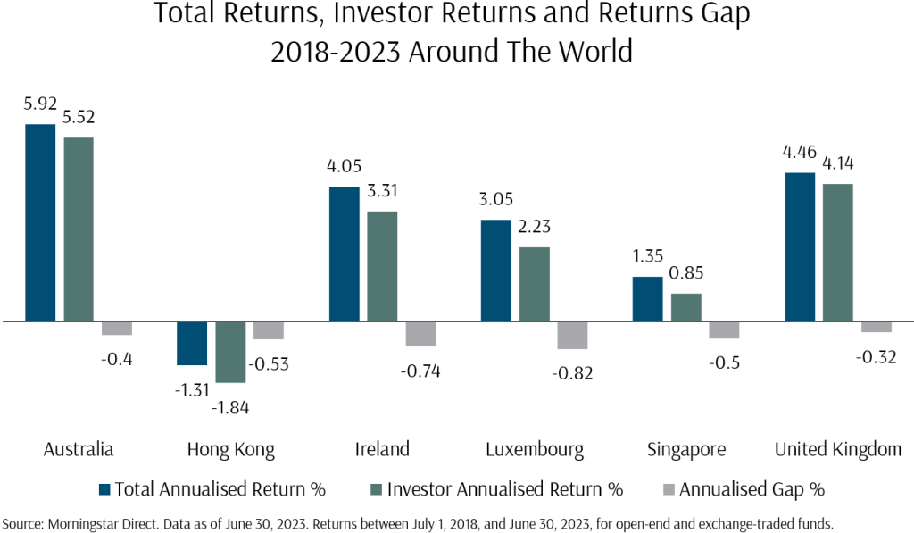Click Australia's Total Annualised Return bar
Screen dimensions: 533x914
pos(40,222)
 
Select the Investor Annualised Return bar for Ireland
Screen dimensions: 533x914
pos(382,266)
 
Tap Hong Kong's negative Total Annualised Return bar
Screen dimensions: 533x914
pos(192,343)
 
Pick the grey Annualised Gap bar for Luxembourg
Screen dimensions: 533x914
pos(572,335)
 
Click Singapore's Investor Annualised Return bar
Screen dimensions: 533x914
pos(686,307)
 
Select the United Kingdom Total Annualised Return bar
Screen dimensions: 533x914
pos(799,246)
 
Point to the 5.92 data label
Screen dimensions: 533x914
pos(40,104)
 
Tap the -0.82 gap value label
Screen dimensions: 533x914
pos(572,373)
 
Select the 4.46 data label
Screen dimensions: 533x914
pos(799,153)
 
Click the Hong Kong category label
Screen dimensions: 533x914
pos(230,448)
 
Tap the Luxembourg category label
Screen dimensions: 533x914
pos(534,448)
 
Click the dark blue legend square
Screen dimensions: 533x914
pos(104,489)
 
